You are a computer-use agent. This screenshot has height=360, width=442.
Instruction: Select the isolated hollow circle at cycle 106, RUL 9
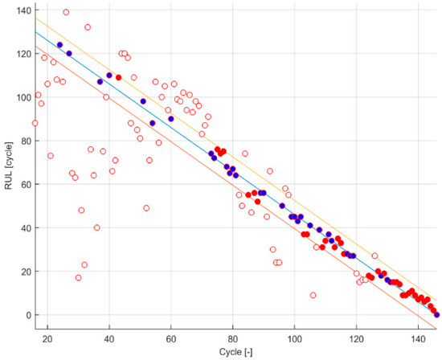point(313,295)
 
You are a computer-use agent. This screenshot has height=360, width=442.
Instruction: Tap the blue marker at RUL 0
point(436,314)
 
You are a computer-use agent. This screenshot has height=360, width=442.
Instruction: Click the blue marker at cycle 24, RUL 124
point(60,45)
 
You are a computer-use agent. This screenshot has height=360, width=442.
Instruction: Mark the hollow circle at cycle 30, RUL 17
point(78,277)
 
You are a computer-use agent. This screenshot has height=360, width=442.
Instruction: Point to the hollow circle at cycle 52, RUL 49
point(146,208)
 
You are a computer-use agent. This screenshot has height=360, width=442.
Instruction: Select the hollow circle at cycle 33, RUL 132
point(88,27)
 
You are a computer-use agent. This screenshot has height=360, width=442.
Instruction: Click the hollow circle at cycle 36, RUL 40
point(97,227)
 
